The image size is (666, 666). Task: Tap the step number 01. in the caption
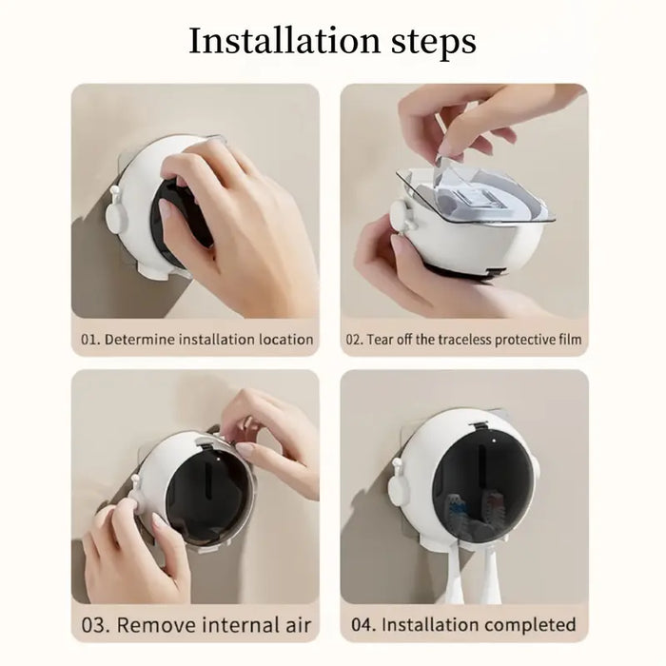[90, 339]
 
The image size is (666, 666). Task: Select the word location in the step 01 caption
[281, 339]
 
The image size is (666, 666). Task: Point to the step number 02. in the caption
[355, 339]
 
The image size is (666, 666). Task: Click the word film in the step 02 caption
[568, 339]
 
